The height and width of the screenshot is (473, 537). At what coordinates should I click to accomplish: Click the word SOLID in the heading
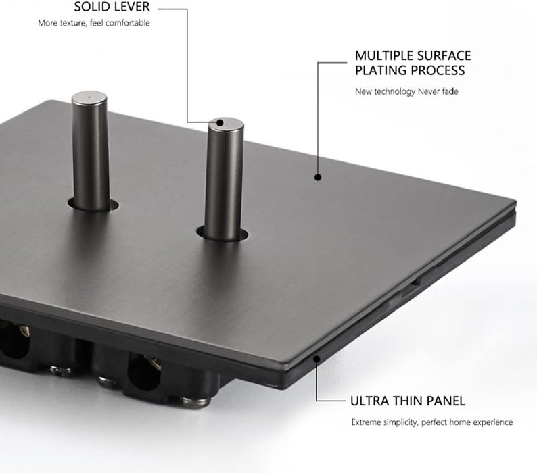94,9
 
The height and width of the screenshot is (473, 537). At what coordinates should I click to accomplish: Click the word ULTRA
369,401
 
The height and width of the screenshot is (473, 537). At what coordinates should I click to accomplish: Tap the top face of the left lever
88,97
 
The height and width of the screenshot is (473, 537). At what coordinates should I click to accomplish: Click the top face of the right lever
221,124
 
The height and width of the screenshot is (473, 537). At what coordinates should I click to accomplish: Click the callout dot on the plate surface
317,178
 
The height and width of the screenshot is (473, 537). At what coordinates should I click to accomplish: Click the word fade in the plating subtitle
450,92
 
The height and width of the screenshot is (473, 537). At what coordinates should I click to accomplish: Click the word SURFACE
444,55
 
